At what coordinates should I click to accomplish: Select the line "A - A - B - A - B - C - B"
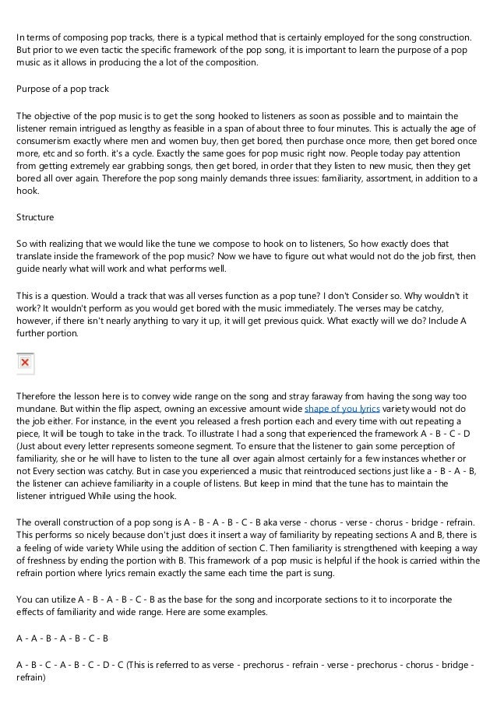click(62, 638)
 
